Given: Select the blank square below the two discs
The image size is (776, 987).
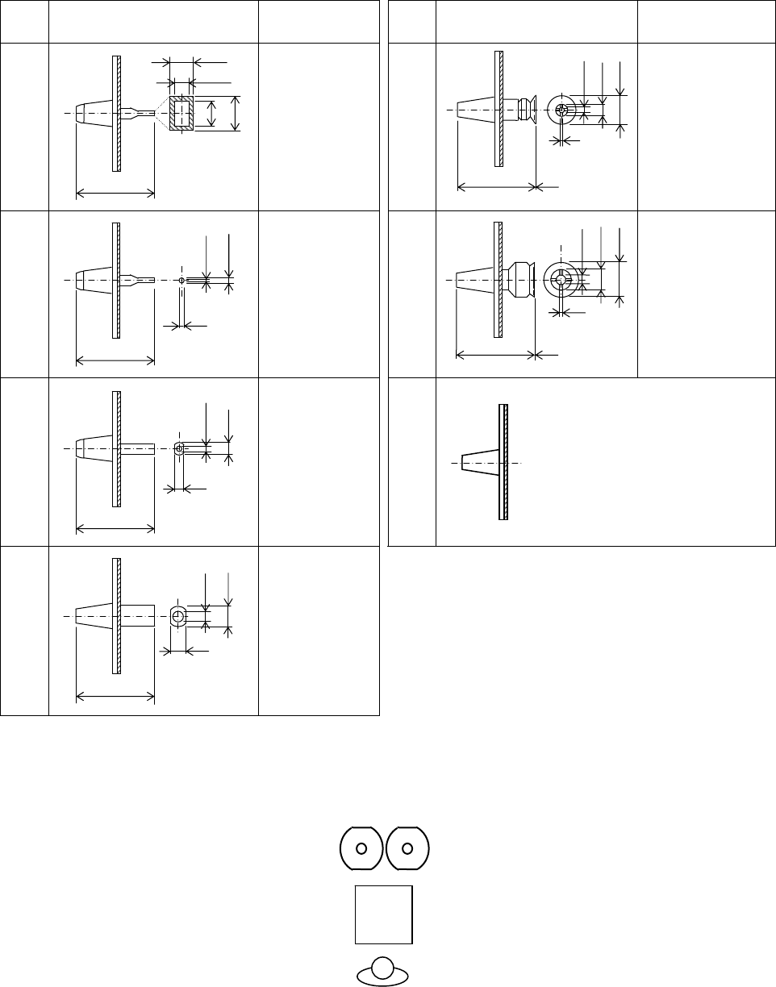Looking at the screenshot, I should click(383, 914).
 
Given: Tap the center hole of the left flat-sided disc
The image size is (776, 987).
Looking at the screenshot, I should click(361, 847).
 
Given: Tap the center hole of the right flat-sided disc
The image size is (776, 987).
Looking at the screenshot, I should click(407, 847).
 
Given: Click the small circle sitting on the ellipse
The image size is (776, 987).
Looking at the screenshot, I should click(383, 966).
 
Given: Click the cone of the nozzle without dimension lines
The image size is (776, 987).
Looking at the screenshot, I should click(480, 463).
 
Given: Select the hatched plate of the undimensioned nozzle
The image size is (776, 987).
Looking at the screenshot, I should click(503, 463).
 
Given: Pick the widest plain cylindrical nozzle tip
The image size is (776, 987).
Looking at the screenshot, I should click(137, 615).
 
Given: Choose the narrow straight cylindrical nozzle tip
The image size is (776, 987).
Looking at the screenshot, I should click(137, 448).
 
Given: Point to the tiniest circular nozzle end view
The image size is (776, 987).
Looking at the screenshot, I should click(181, 280).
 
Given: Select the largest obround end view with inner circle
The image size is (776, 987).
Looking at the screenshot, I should click(177, 617).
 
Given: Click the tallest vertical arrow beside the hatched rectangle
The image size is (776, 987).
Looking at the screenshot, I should click(235, 113).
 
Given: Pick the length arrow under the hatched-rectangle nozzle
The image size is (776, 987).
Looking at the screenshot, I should click(115, 193).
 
